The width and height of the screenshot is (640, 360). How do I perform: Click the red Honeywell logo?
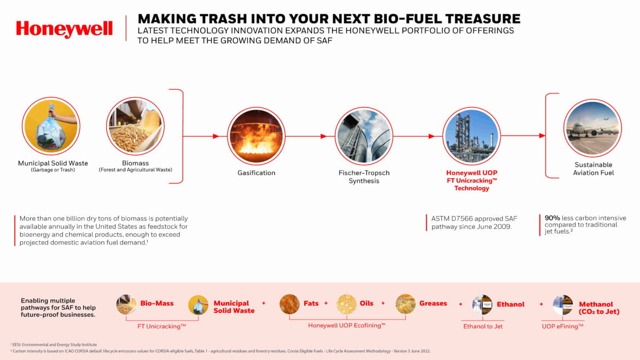(64, 29)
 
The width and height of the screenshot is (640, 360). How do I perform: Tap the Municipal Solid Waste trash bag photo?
(51, 126)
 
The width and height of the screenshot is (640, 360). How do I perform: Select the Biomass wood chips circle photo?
(135, 126)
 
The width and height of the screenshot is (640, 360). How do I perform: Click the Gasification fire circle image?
(257, 136)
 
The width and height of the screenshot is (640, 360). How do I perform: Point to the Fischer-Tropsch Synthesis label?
(364, 177)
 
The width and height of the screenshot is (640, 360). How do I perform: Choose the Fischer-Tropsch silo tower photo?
(364, 136)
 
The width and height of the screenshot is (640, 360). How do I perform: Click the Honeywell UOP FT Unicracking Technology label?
(472, 181)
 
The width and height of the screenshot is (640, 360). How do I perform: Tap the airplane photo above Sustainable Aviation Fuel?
(592, 128)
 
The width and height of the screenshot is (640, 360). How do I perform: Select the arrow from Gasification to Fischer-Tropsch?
(306, 136)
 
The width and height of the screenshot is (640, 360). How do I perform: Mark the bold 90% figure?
(552, 218)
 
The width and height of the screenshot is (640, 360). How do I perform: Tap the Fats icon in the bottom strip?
(289, 304)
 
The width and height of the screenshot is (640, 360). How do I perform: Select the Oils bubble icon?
(347, 304)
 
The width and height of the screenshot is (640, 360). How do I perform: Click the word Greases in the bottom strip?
(433, 303)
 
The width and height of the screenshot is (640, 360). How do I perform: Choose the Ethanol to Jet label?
(483, 327)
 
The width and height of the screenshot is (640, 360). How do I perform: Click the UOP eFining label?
(562, 327)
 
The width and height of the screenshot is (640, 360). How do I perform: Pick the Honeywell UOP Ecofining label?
(347, 326)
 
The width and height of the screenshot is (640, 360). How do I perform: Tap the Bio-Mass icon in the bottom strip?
(126, 304)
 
